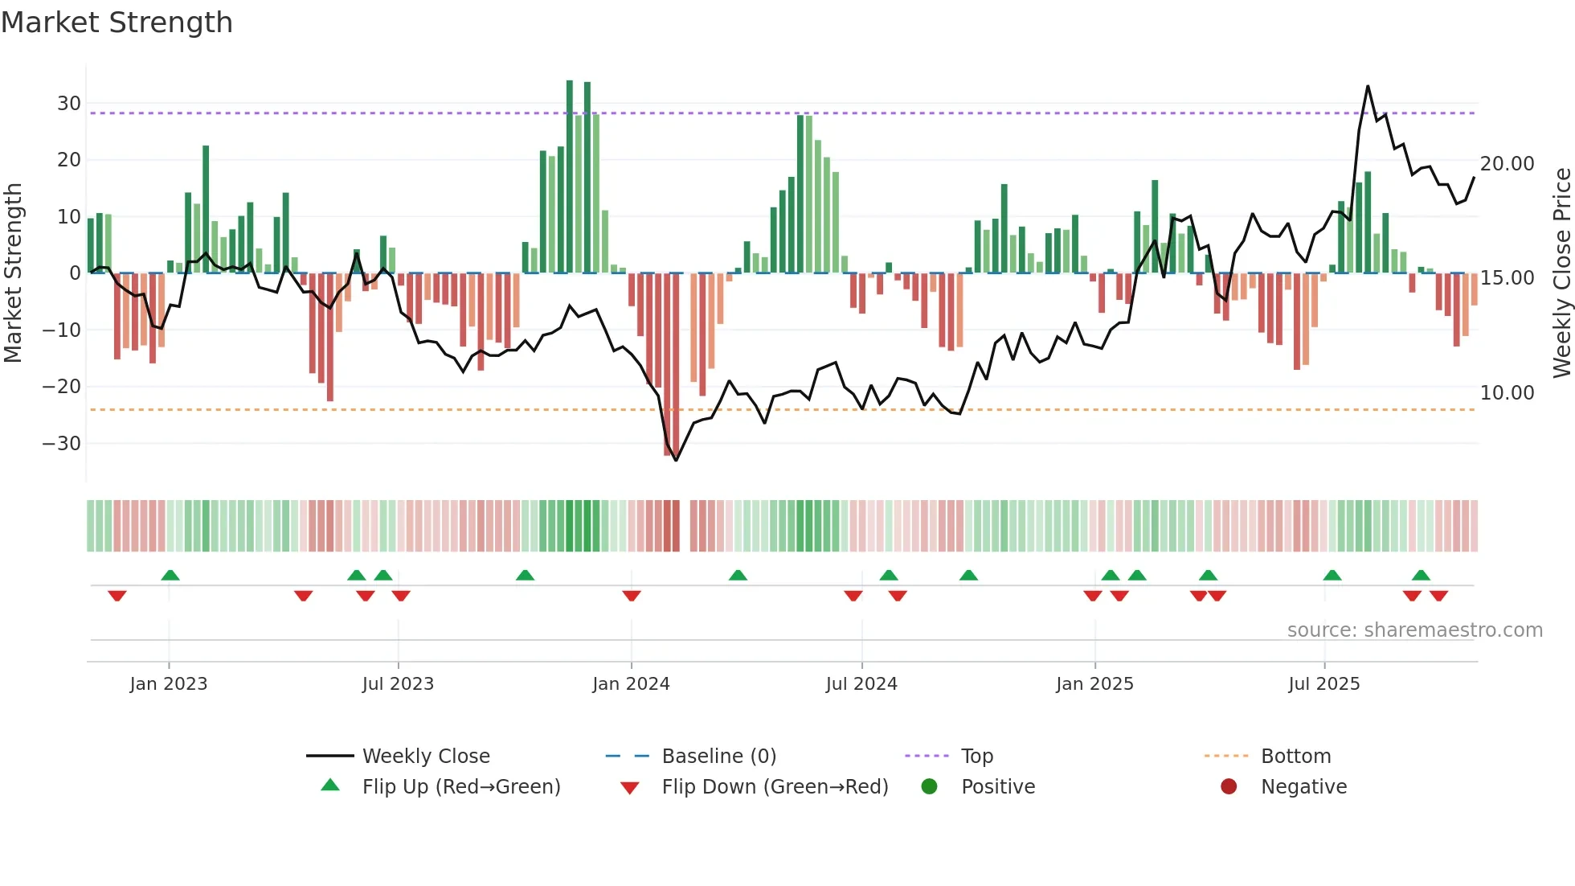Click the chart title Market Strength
click(117, 23)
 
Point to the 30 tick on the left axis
click(69, 104)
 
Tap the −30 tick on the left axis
click(62, 444)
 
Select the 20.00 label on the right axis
click(1507, 164)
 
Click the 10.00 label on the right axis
click(1507, 393)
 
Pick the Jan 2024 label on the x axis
click(631, 684)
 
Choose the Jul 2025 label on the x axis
click(1323, 684)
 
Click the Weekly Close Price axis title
click(1561, 273)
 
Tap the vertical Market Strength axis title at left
click(13, 273)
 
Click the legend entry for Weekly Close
click(425, 757)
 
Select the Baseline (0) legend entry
click(718, 757)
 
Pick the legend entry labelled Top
click(976, 757)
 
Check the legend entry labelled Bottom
click(1295, 757)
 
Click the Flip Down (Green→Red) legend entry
click(774, 787)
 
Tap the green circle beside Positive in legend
click(930, 787)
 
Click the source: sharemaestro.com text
click(1414, 630)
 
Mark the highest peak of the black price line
click(1368, 86)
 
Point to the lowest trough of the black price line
click(676, 460)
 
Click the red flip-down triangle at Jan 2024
click(632, 596)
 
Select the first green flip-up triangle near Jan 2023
click(170, 575)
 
